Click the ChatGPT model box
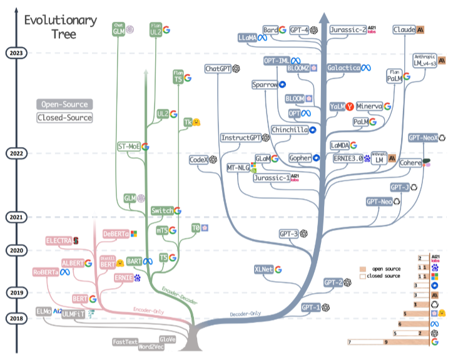tap(218, 69)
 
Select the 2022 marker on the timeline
tap(16, 153)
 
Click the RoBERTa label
tap(46, 272)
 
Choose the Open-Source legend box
tap(63, 105)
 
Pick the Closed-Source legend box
tap(63, 117)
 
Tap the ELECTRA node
tap(58, 240)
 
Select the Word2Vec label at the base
tap(150, 346)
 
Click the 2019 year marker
tap(16, 292)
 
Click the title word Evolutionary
tap(60, 20)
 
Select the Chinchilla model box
tap(289, 130)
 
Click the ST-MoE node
tap(129, 147)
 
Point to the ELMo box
tap(43, 311)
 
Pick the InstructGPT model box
tap(240, 138)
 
